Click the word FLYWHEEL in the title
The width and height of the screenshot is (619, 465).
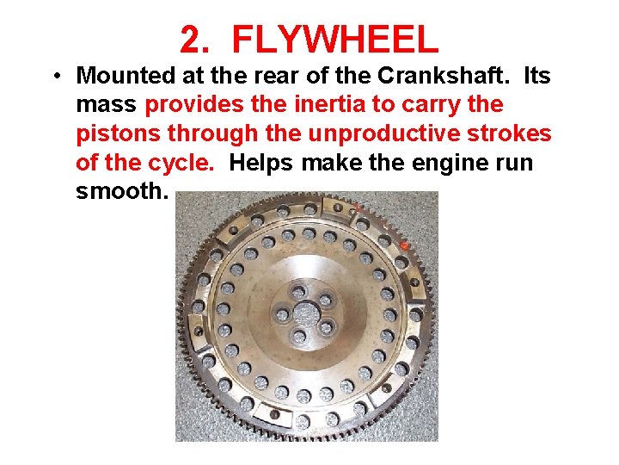[335, 40]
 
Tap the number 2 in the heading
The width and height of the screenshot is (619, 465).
[190, 40]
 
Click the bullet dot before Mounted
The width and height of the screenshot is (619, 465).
[54, 77]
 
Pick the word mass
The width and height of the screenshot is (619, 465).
[107, 105]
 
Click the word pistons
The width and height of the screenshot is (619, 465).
[117, 134]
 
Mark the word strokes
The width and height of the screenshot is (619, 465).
[512, 134]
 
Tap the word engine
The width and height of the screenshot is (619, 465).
[437, 163]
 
